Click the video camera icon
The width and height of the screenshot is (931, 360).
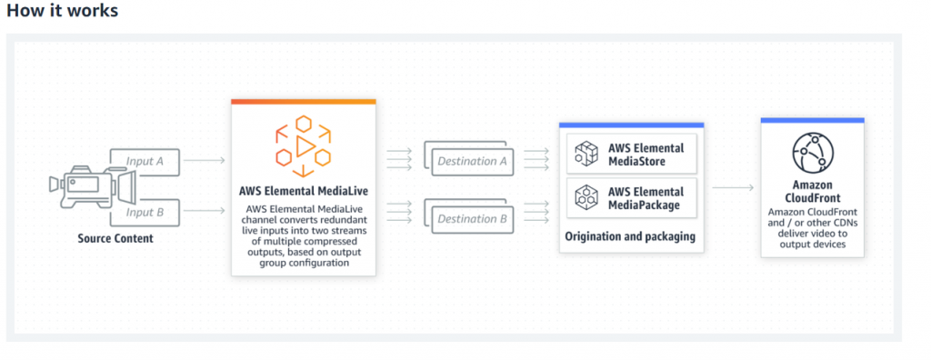pos(91,187)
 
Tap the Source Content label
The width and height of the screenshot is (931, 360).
pos(115,238)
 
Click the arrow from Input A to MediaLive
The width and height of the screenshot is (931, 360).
pos(210,162)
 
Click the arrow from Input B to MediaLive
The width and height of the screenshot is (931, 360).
pos(210,212)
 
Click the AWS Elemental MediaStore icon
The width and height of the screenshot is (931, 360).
pos(585,155)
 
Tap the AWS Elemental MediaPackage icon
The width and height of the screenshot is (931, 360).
pos(585,197)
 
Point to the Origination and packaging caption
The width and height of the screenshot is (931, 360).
pos(630,236)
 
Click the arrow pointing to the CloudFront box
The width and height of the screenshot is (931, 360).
pos(733,187)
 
